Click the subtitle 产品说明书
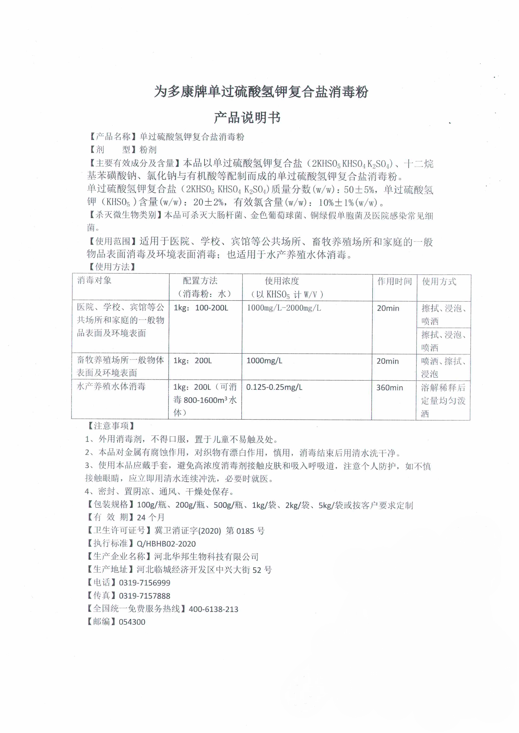pyautogui.click(x=247, y=117)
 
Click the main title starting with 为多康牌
pyautogui.click(x=261, y=92)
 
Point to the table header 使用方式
pyautogui.click(x=439, y=281)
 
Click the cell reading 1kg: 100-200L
pyautogui.click(x=201, y=308)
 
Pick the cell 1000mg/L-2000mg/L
pyautogui.click(x=284, y=308)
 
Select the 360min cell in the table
pyautogui.click(x=389, y=388)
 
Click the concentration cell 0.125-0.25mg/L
pyautogui.click(x=274, y=387)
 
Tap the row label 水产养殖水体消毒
pyautogui.click(x=111, y=387)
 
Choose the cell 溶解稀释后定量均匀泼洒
pyautogui.click(x=443, y=400)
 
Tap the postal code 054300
pyautogui.click(x=132, y=622)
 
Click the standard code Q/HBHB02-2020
pyautogui.click(x=166, y=544)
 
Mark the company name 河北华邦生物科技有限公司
pyautogui.click(x=207, y=557)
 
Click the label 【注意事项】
pyautogui.click(x=111, y=426)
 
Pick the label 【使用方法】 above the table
pyautogui.click(x=112, y=267)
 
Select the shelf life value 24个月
pyautogui.click(x=151, y=517)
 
